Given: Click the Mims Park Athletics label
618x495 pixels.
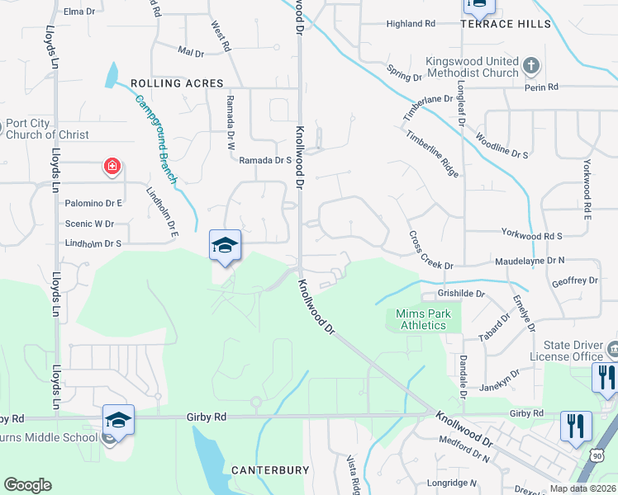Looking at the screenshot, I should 421,319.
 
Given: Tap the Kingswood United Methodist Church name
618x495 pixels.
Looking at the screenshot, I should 472,67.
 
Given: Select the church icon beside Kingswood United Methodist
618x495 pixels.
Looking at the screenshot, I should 531,65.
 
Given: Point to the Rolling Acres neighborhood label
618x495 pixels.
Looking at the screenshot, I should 177,83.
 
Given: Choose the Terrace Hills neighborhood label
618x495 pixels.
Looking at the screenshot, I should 506,25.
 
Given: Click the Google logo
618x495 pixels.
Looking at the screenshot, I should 27,485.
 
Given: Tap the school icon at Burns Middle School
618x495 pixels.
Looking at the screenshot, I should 118,420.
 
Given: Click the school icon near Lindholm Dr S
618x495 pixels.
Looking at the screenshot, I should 225,245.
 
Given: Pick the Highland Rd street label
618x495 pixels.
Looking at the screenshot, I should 411,24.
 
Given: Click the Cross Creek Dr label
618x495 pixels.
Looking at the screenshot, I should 430,249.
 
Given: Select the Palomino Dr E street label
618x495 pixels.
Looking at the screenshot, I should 97,203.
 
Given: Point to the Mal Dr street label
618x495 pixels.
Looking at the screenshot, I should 191,52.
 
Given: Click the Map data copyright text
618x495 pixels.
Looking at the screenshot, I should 582,488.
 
